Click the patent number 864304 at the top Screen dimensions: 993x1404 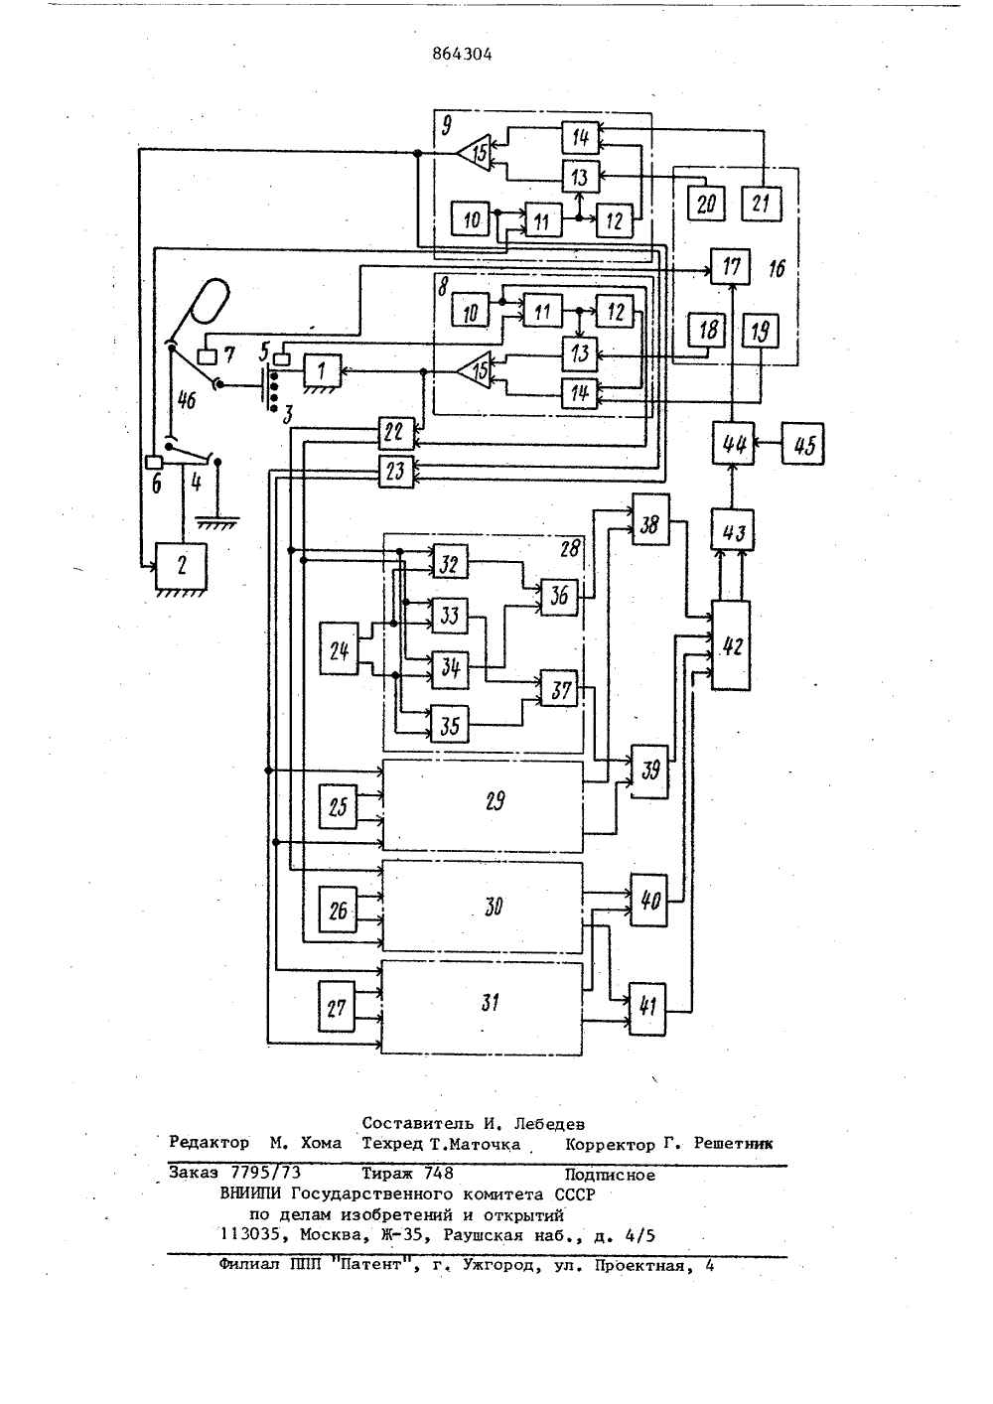pyautogui.click(x=462, y=55)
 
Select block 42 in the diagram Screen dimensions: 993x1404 pyautogui.click(x=731, y=645)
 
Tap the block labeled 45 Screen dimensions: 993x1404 pyautogui.click(x=803, y=444)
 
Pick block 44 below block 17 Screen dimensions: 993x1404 pyautogui.click(x=734, y=444)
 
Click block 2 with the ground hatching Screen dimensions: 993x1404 pyautogui.click(x=182, y=565)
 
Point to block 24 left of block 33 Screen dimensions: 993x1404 pyautogui.click(x=340, y=648)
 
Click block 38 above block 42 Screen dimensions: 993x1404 pyautogui.click(x=650, y=519)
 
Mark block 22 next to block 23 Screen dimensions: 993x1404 pyautogui.click(x=396, y=433)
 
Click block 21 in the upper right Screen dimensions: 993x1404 pyautogui.click(x=761, y=204)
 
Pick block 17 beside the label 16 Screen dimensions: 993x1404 pyautogui.click(x=730, y=266)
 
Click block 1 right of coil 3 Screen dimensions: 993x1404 pyautogui.click(x=322, y=370)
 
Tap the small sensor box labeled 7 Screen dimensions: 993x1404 pyautogui.click(x=207, y=357)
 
